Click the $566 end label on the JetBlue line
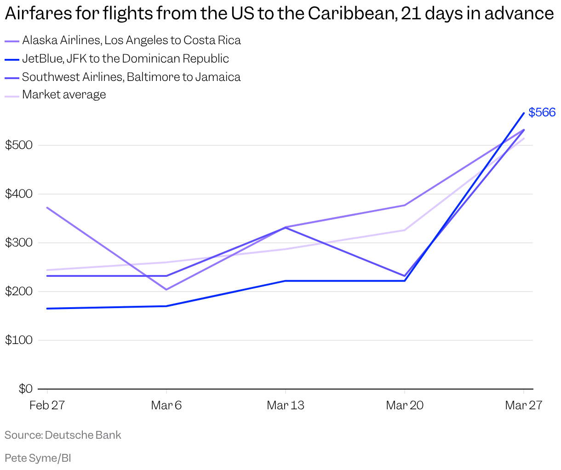[542, 112]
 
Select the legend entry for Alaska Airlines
[131, 40]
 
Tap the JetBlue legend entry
[125, 59]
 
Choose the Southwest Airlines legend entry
[131, 77]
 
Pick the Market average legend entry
[64, 95]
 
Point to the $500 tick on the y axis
[19, 145]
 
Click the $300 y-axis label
[19, 243]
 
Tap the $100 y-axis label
[19, 340]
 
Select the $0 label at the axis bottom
[25, 389]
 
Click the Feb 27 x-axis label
[47, 405]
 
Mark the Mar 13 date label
[286, 405]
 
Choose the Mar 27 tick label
[523, 405]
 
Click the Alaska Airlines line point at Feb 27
[47, 208]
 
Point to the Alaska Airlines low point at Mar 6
[166, 290]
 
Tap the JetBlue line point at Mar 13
[286, 281]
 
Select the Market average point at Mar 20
[405, 230]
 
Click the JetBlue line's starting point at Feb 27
[47, 309]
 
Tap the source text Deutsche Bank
[83, 435]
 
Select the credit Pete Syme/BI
[38, 458]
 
